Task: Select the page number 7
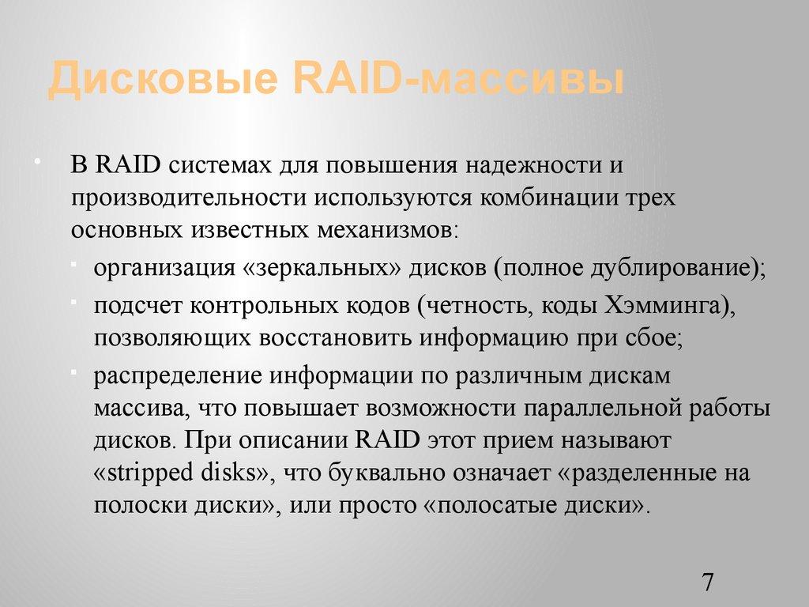tap(707, 583)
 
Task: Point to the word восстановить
tap(333, 337)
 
